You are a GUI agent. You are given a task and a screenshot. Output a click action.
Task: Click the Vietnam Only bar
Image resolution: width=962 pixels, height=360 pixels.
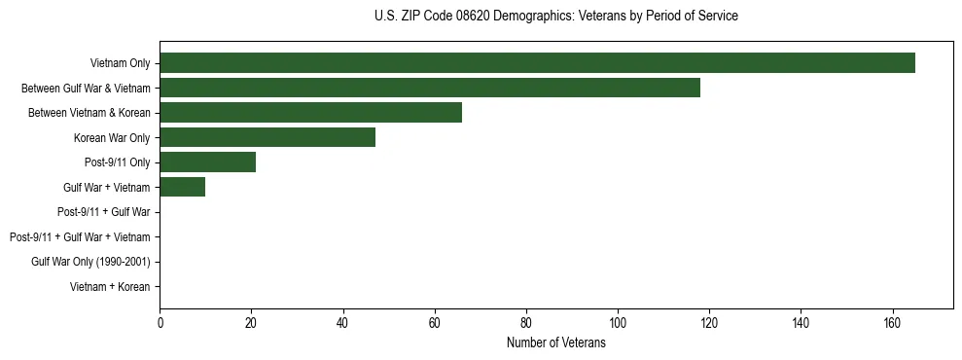pos(537,63)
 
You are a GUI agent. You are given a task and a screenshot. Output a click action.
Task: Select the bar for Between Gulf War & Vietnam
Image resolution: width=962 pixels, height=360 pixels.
pos(430,88)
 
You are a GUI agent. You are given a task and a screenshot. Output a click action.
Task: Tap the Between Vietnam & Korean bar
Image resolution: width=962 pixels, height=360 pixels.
pos(310,113)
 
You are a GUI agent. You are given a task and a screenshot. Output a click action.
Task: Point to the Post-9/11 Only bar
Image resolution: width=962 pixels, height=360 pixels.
pos(207,162)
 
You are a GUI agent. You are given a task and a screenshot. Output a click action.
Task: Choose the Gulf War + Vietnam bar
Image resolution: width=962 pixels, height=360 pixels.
pos(182,187)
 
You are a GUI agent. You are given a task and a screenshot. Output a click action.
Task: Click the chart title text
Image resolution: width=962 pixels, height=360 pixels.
pos(555,17)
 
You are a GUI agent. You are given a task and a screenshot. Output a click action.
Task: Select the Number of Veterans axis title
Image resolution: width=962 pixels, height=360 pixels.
pos(555,342)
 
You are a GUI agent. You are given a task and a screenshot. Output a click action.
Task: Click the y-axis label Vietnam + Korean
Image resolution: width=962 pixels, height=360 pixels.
pos(110,287)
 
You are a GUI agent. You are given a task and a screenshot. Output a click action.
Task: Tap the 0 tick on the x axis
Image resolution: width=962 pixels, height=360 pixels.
pos(160,323)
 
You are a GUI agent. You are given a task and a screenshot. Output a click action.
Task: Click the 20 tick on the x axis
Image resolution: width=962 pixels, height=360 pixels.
pos(251,323)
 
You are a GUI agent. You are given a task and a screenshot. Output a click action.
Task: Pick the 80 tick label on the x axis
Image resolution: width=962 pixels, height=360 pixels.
pos(526,323)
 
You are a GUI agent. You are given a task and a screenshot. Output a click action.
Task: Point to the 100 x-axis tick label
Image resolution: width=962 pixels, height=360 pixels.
pos(618,323)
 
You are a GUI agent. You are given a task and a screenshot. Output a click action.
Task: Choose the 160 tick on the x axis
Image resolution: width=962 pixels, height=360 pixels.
pos(892,323)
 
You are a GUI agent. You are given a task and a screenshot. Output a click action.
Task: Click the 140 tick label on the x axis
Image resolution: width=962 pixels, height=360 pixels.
pos(801,323)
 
